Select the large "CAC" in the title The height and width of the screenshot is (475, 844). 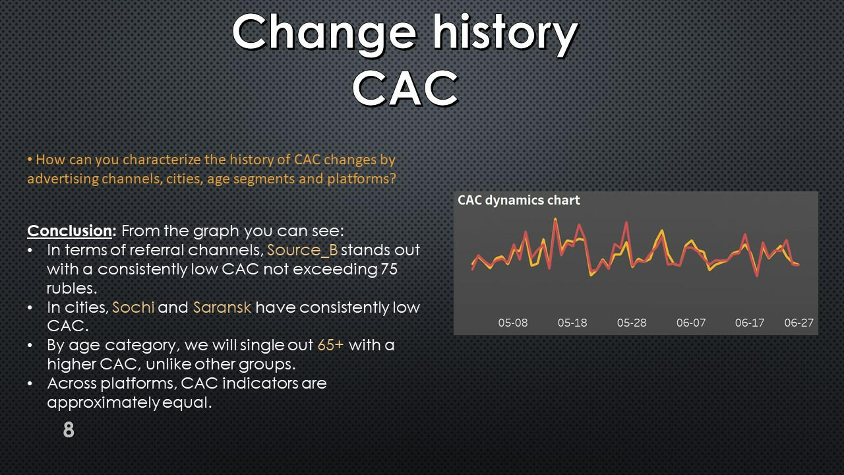406,89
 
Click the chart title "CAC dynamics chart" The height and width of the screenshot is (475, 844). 519,200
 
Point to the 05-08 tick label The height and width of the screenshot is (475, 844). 513,323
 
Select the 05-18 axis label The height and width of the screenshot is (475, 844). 572,323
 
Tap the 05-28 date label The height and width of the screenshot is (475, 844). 632,323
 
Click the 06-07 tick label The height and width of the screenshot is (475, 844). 691,323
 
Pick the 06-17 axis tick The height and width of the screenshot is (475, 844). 750,323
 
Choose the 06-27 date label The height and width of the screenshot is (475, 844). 799,323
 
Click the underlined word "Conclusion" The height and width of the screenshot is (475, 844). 69,231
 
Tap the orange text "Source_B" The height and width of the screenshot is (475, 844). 302,250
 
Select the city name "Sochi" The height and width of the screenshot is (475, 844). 133,307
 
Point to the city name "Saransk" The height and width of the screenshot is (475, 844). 222,307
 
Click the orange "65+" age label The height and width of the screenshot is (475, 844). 330,345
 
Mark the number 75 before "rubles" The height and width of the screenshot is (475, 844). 389,269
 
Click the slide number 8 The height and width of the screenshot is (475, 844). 69,429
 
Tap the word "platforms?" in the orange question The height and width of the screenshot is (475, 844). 362,178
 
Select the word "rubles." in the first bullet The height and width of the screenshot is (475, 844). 72,288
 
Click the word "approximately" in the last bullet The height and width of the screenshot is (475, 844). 104,402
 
